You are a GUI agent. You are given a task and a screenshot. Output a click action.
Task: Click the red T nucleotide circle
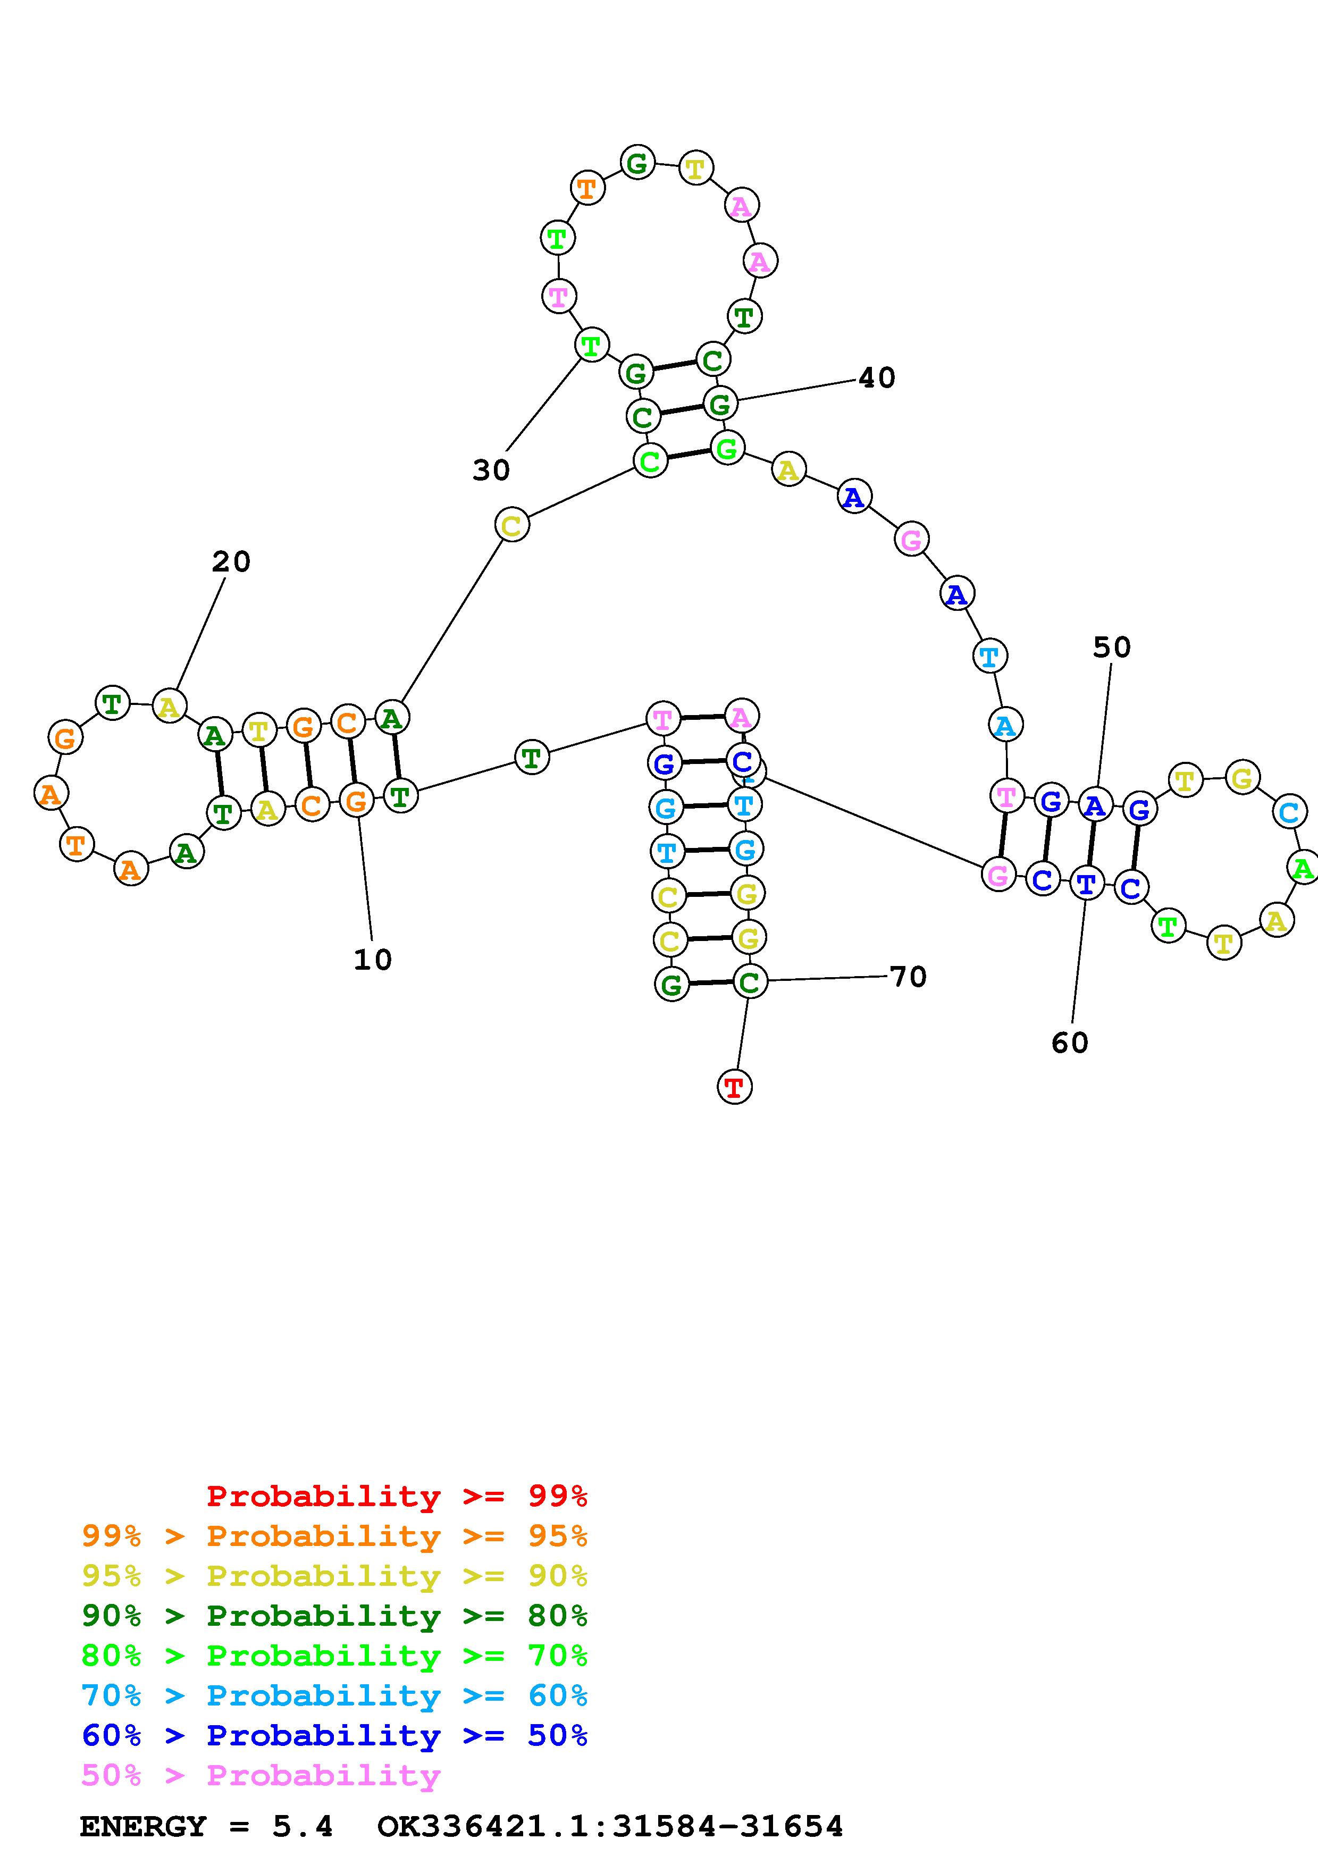tap(735, 1086)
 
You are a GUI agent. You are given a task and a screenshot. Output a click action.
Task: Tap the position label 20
tap(231, 561)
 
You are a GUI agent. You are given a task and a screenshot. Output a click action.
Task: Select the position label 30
tap(491, 469)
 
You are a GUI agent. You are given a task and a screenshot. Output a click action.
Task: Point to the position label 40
tap(877, 377)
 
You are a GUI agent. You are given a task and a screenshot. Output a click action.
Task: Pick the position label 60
tap(1070, 1042)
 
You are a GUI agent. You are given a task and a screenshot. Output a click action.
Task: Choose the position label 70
tap(909, 977)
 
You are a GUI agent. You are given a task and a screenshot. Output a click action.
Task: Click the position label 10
tap(373, 959)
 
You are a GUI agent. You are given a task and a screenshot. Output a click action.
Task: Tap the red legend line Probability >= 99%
tap(397, 1496)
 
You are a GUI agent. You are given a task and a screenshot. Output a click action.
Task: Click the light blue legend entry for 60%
tap(334, 1695)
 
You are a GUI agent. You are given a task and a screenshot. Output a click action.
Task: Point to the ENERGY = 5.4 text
tap(206, 1826)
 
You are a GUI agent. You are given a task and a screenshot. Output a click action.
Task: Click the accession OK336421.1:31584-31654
tap(611, 1826)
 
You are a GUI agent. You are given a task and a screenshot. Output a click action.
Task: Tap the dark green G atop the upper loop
tap(637, 163)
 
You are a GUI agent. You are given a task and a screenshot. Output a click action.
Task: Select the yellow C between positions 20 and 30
tap(511, 525)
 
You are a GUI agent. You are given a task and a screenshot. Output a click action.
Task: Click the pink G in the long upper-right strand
tap(912, 539)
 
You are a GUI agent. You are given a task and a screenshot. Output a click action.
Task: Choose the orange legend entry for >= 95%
tap(334, 1535)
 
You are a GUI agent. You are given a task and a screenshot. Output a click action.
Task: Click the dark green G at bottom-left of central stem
tap(671, 985)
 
